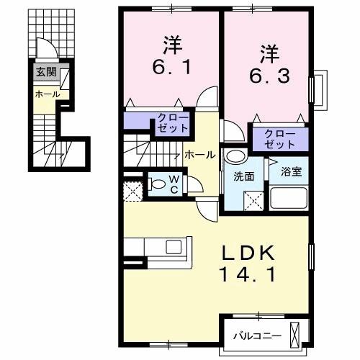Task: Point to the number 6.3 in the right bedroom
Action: click(x=269, y=74)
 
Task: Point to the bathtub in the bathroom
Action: click(x=289, y=197)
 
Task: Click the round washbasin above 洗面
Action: click(x=234, y=157)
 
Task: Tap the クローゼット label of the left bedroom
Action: click(x=172, y=122)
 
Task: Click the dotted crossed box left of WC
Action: click(x=132, y=190)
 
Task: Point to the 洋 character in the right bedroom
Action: click(x=269, y=52)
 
